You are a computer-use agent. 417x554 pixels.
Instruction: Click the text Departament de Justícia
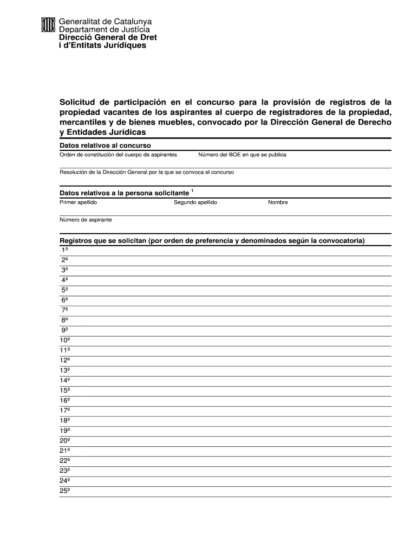click(105, 29)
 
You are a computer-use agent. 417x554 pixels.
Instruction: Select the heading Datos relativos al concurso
click(105, 146)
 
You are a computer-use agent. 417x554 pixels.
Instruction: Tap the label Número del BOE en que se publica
click(242, 155)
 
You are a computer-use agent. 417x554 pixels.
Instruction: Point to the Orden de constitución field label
click(118, 155)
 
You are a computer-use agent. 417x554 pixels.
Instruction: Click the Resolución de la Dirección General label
click(147, 172)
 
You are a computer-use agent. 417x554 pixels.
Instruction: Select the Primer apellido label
click(79, 202)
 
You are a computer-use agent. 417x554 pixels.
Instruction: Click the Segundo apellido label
click(196, 202)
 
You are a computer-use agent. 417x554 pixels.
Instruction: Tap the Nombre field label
click(278, 202)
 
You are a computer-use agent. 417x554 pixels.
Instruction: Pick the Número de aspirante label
click(86, 220)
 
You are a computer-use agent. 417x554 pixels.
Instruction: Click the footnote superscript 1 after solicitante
click(192, 190)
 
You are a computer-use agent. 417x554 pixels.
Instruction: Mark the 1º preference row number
click(64, 250)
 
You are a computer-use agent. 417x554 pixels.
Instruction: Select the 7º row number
click(64, 310)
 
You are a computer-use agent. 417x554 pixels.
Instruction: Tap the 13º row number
click(65, 371)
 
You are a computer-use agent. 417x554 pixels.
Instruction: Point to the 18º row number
click(65, 420)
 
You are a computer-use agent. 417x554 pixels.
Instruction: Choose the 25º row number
click(65, 491)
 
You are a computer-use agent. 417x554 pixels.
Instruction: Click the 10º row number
click(65, 340)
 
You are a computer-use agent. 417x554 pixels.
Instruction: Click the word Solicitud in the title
click(78, 102)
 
